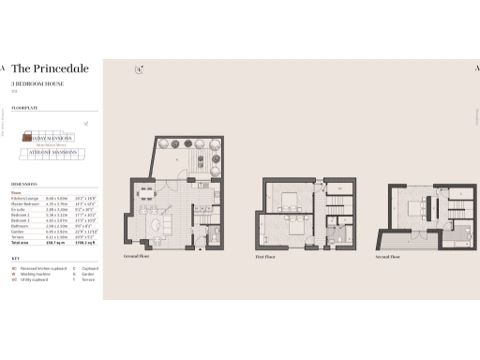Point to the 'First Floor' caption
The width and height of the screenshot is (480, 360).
[x=275, y=254]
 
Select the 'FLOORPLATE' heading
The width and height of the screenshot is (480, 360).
[x=25, y=107]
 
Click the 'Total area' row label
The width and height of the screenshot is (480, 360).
[x=21, y=242]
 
